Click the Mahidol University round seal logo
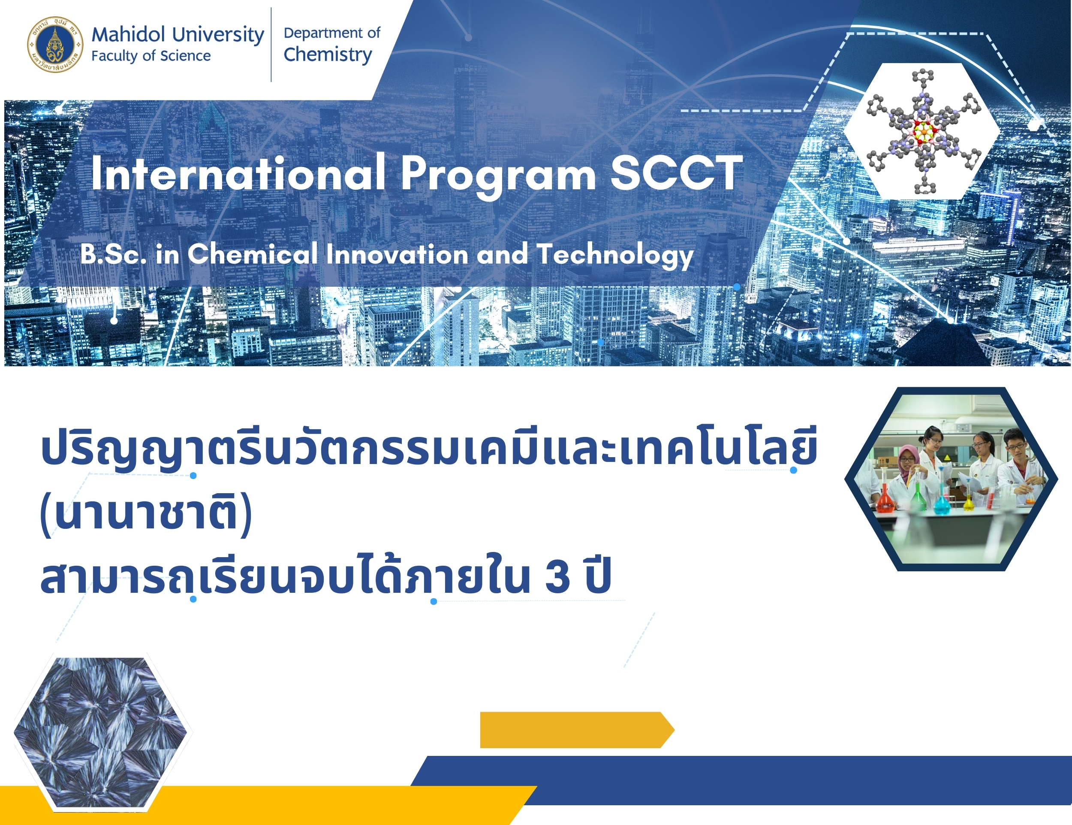click(x=55, y=44)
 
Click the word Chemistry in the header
click(x=328, y=55)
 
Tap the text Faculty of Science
click(x=151, y=56)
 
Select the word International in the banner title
click(x=238, y=173)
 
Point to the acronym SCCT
click(x=677, y=173)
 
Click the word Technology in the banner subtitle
click(x=615, y=255)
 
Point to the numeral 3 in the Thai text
click(x=557, y=576)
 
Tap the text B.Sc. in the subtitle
click(x=113, y=255)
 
